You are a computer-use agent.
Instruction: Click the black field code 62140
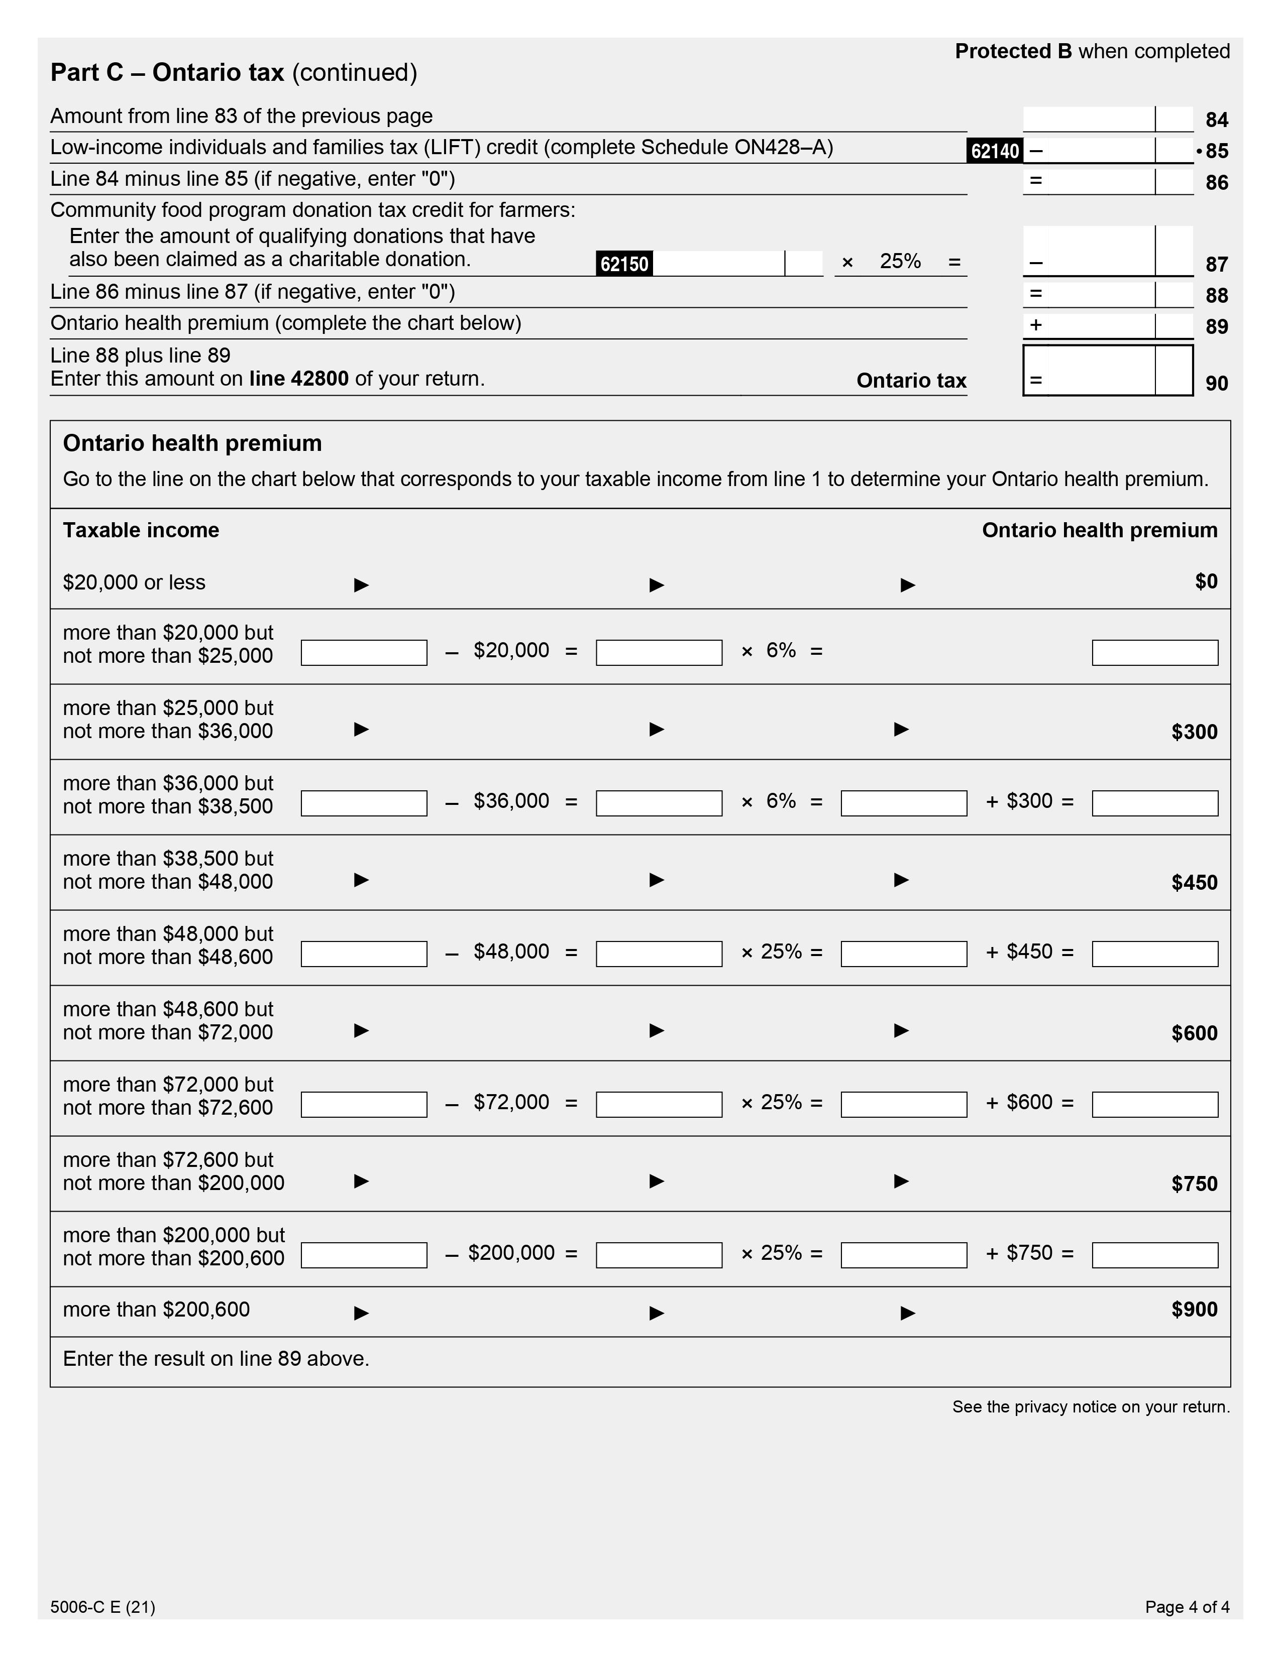pyautogui.click(x=994, y=151)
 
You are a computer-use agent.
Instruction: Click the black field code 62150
pyautogui.click(x=624, y=264)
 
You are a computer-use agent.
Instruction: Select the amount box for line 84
pyautogui.click(x=1089, y=119)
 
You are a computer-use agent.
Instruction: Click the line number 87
pyautogui.click(x=1217, y=264)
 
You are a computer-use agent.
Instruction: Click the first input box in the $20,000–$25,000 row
pyautogui.click(x=364, y=652)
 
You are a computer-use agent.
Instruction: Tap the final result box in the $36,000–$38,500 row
pyautogui.click(x=1154, y=803)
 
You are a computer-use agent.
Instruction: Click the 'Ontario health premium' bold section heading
pyautogui.click(x=192, y=443)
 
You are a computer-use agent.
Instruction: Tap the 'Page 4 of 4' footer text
pyautogui.click(x=1187, y=1606)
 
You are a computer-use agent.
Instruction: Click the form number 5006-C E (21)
pyautogui.click(x=102, y=1606)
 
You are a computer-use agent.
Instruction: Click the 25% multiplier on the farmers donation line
pyautogui.click(x=900, y=261)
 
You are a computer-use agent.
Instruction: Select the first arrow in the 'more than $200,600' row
pyautogui.click(x=361, y=1313)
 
